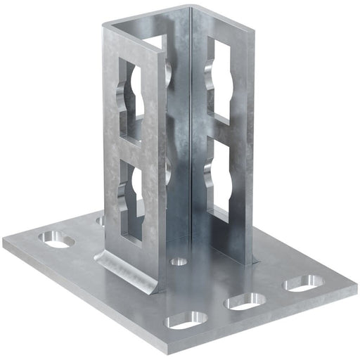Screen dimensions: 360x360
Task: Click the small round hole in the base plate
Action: pyautogui.click(x=179, y=262)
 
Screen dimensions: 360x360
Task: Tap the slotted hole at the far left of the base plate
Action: pyautogui.click(x=57, y=240)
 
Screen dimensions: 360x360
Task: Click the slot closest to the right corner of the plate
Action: pyautogui.click(x=302, y=285)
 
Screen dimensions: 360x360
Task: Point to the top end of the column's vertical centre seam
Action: pyautogui.click(x=190, y=10)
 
